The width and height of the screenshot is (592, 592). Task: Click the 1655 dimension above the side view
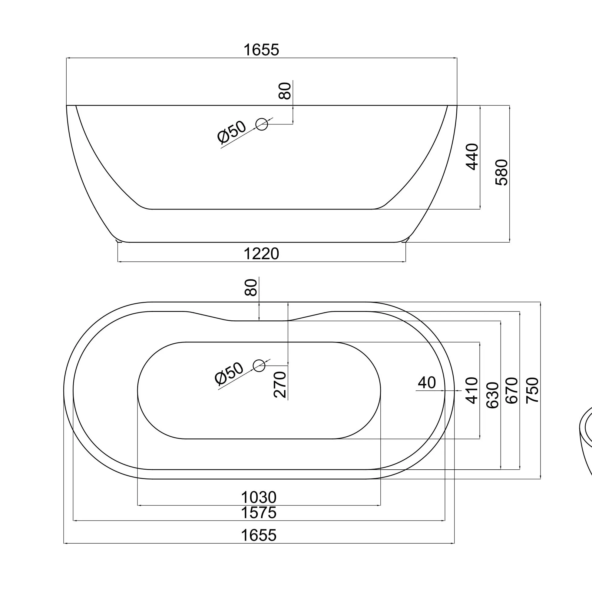[261, 50]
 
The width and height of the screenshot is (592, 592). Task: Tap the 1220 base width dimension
[261, 254]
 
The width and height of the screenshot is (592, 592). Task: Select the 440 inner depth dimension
[472, 157]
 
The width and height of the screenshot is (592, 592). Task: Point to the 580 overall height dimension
[501, 172]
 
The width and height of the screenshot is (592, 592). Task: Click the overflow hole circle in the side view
[262, 124]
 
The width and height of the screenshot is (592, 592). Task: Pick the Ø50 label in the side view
[231, 132]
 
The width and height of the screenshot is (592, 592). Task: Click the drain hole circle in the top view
[259, 365]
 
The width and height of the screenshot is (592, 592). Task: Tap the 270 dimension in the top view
[280, 385]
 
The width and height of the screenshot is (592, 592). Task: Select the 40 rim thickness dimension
[427, 383]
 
